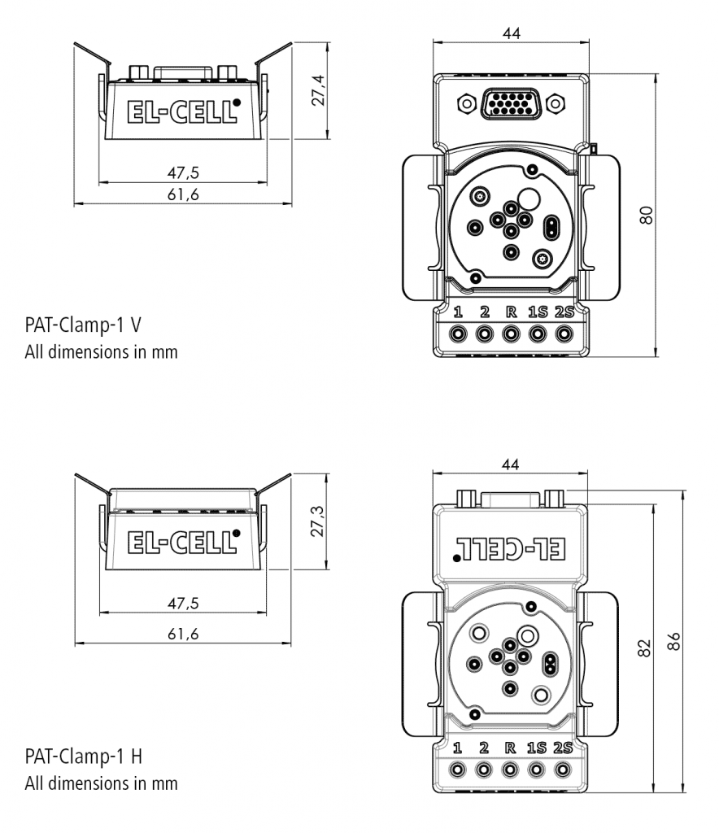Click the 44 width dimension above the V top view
511,33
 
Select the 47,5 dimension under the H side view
184,603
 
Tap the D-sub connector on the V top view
510,103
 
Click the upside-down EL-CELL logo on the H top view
510,547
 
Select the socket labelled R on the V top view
511,334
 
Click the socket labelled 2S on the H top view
562,767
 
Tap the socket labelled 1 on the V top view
459,334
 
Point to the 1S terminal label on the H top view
536,746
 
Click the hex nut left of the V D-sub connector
465,103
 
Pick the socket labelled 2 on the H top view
484,767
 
